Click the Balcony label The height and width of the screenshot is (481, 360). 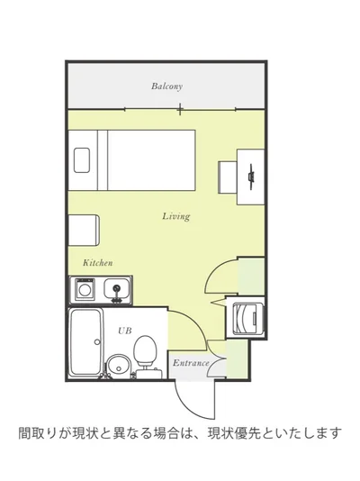coord(167,86)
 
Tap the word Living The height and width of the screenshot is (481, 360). coord(176,216)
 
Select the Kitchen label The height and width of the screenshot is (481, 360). coord(98,263)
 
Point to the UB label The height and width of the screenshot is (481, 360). coord(125,331)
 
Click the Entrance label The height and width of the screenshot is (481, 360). coord(191,363)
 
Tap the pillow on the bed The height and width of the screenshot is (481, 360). coord(82,159)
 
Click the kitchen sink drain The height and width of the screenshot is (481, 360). coord(116,288)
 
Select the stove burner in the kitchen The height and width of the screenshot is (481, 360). coord(84,289)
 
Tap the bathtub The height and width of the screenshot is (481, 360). coord(85,342)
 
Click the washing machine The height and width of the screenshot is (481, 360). coord(246,318)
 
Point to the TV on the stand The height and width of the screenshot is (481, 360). coord(251,177)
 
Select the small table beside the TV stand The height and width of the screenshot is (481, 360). coord(228,177)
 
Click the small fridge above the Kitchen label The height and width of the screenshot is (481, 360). coord(84,231)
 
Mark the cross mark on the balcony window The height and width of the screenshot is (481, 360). coord(181,109)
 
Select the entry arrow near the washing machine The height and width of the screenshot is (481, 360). coord(218,302)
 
